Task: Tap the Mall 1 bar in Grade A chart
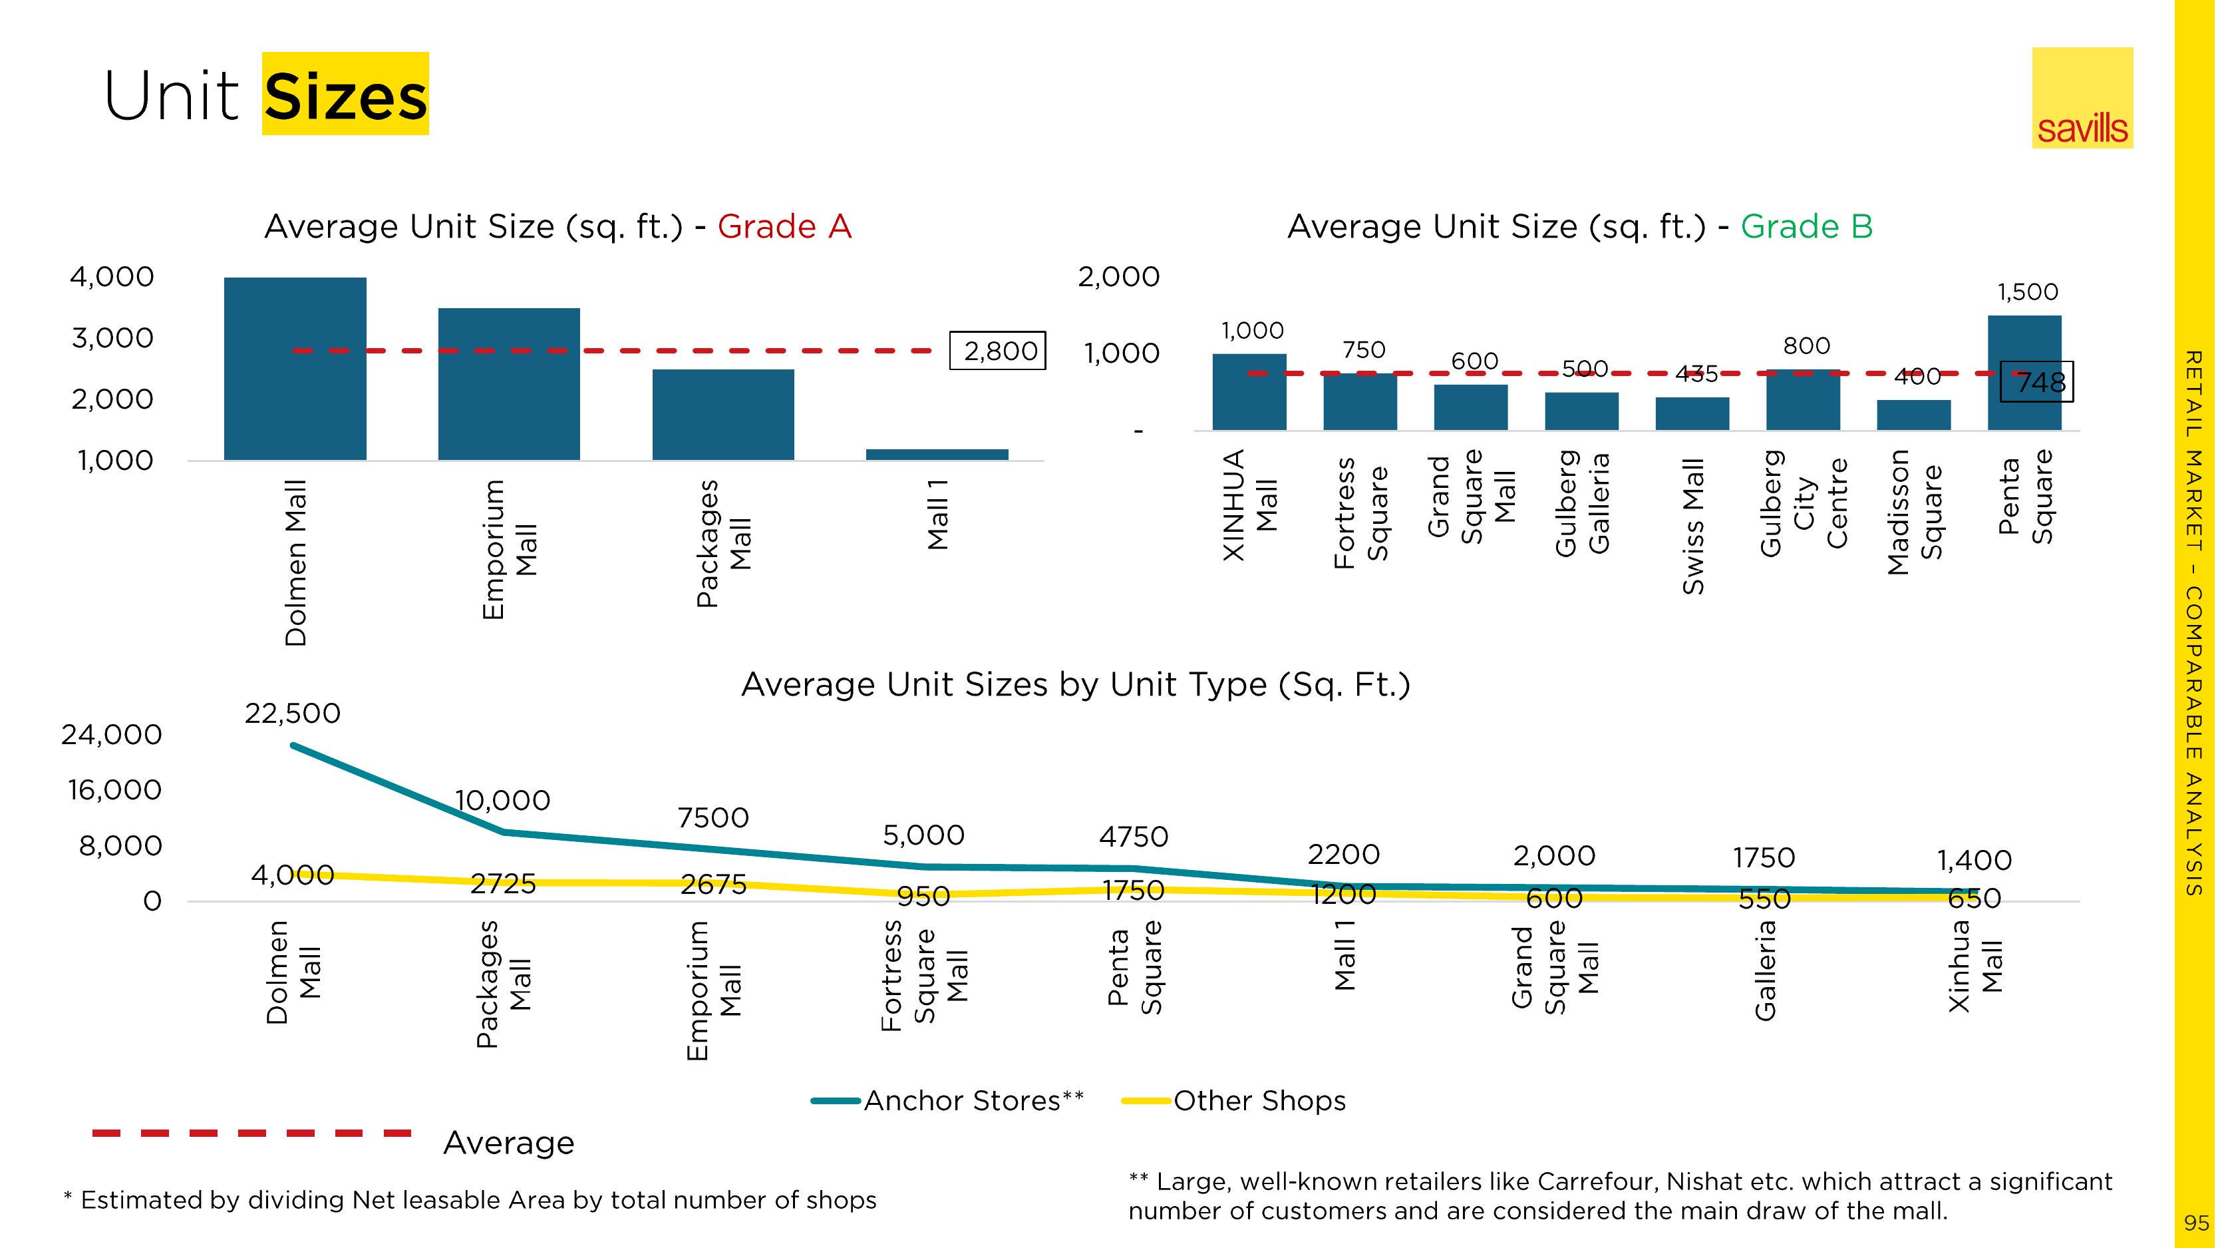pyautogui.click(x=937, y=454)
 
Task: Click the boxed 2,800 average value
pyautogui.click(x=998, y=351)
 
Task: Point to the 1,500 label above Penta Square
pyautogui.click(x=2027, y=292)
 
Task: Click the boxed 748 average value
pyautogui.click(x=2037, y=381)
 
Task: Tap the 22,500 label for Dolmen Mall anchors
pyautogui.click(x=293, y=713)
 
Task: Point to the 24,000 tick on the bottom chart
pyautogui.click(x=112, y=735)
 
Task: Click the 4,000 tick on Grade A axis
pyautogui.click(x=112, y=276)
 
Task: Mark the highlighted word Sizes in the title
pyautogui.click(x=345, y=95)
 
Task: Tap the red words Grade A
pyautogui.click(x=784, y=226)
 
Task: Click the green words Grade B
pyautogui.click(x=1806, y=226)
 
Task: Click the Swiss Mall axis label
pyautogui.click(x=1693, y=525)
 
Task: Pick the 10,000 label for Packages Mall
pyautogui.click(x=503, y=800)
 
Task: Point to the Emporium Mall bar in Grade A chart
pyautogui.click(x=509, y=383)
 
